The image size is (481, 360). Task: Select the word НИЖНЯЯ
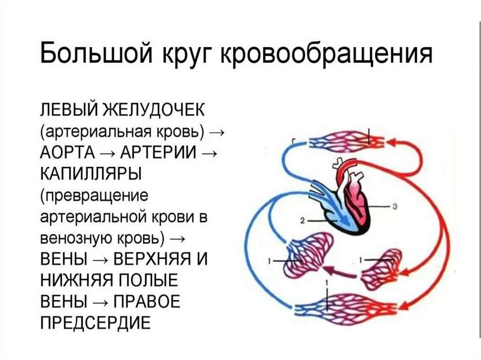75,281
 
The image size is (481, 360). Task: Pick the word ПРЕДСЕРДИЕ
95,323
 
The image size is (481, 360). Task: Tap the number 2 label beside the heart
303,219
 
